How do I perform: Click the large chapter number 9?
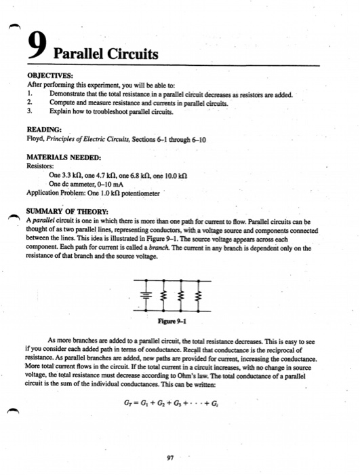pos(38,45)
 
